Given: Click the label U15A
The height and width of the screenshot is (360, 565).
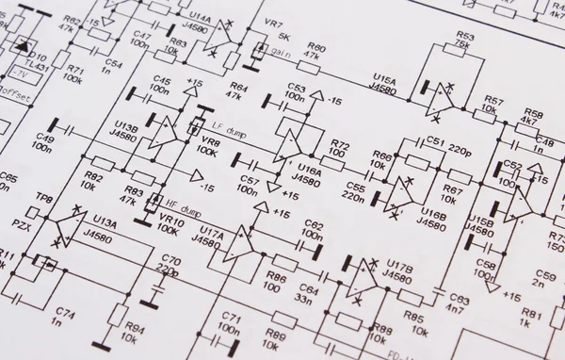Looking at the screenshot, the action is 384,78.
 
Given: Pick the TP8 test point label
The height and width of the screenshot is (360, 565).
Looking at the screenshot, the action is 43,198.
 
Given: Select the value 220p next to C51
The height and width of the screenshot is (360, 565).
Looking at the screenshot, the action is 460,149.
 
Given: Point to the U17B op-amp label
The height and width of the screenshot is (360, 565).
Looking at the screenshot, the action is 398,267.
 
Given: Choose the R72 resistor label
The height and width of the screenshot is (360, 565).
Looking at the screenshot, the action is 340,145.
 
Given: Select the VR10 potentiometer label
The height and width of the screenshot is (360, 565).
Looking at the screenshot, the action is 170,221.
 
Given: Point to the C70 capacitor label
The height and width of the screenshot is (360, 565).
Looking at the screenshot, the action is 169,259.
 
